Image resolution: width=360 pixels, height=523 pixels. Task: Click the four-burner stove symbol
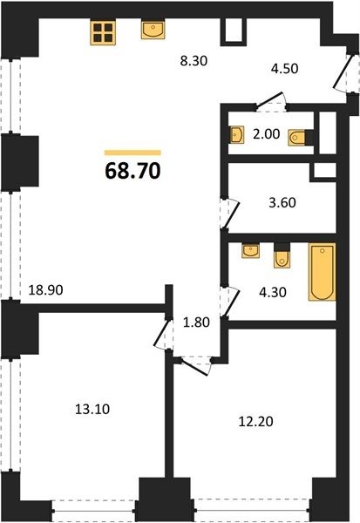point(103,32)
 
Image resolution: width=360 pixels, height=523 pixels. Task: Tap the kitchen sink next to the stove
point(153,30)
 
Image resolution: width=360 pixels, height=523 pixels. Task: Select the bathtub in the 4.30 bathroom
point(322,272)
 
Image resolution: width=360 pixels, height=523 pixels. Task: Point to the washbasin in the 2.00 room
point(236,135)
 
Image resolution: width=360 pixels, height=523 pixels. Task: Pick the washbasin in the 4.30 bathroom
point(250,251)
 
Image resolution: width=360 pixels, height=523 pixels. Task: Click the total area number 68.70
point(132,171)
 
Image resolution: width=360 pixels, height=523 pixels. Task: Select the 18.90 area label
point(45,290)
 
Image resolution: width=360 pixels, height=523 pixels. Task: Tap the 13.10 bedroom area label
point(92,409)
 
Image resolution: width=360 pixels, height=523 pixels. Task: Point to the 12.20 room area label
point(256,422)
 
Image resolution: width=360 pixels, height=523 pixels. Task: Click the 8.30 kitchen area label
point(194,61)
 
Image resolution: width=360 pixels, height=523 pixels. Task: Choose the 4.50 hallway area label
point(284,69)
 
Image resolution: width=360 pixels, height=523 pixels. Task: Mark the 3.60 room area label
point(282,203)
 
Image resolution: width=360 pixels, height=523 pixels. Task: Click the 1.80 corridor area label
point(197,323)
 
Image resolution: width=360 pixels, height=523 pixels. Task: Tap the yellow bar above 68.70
point(132,153)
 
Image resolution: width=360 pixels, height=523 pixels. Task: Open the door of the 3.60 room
point(230,214)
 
